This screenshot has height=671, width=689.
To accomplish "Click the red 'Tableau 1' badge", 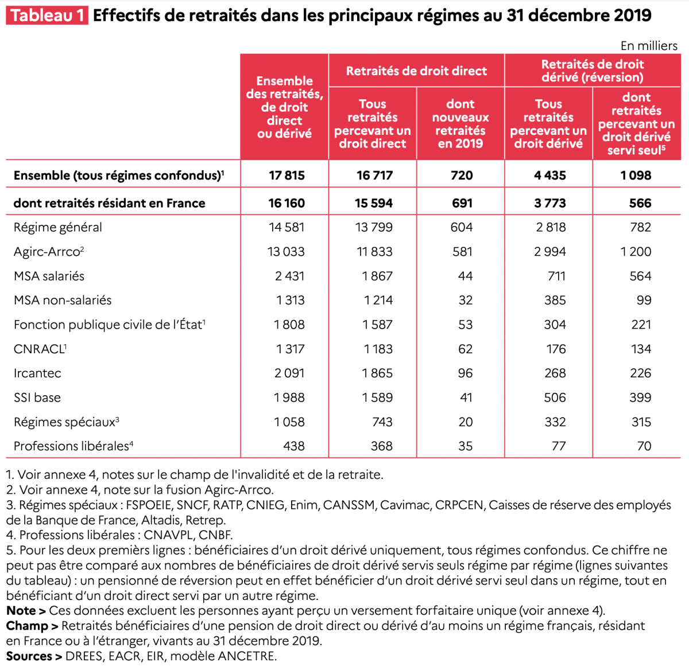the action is tap(47, 15).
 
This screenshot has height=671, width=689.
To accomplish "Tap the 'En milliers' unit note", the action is tap(649, 46).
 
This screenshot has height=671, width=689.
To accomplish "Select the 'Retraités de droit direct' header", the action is tap(416, 71).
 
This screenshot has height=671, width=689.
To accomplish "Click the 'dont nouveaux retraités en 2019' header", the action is tap(460, 123).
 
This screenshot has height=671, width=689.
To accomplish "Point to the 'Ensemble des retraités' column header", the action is tap(284, 107).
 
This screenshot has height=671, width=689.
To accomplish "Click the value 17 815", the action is tap(287, 175).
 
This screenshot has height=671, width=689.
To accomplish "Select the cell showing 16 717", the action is tap(374, 175).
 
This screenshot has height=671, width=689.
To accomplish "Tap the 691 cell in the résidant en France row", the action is tap(462, 203).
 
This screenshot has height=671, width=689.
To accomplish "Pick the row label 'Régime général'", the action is tap(58, 228).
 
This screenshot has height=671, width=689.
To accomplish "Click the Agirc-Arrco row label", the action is tap(49, 252).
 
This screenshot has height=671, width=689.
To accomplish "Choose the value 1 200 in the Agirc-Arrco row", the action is tap(636, 252).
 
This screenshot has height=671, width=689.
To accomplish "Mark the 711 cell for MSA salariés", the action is tap(556, 276).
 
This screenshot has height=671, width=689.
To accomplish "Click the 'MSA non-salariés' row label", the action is tap(63, 301).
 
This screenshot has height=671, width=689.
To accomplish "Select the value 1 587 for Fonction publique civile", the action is tap(377, 325).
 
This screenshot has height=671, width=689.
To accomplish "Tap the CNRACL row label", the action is tap(40, 349).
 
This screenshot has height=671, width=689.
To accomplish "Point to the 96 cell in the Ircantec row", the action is tap(465, 373).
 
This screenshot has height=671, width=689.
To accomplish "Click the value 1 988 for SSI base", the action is tap(289, 397).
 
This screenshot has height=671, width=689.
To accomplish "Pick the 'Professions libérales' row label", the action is tap(73, 446).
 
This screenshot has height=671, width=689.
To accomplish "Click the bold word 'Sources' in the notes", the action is tap(29, 656).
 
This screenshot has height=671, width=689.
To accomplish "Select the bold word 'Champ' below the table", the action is tap(27, 626).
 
